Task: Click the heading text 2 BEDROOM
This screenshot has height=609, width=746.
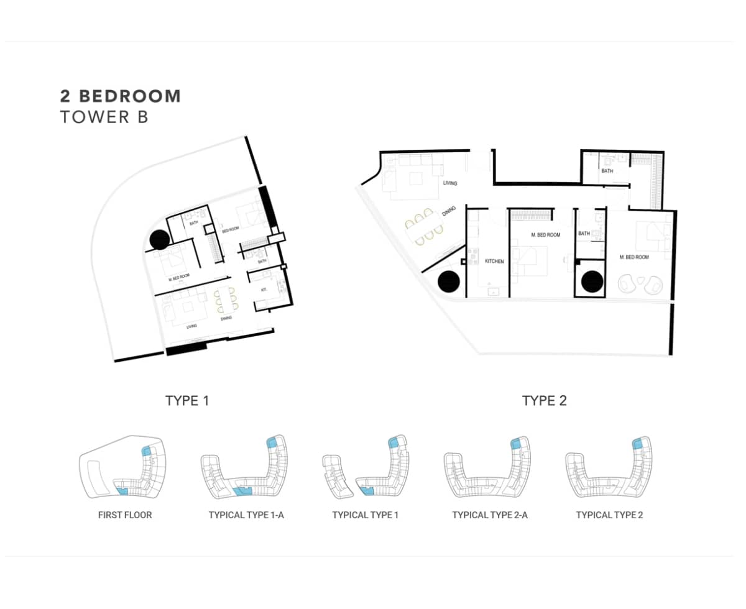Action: [x=121, y=96]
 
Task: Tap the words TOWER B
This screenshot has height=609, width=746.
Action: [x=104, y=117]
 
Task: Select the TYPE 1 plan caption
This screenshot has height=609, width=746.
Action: [x=187, y=400]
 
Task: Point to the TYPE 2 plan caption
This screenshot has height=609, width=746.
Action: [x=545, y=400]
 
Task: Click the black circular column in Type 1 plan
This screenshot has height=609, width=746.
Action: [x=159, y=239]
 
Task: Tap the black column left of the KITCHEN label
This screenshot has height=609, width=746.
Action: [x=448, y=282]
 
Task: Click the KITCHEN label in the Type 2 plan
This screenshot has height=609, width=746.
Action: [x=494, y=262]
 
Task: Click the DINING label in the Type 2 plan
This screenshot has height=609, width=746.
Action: [x=449, y=211]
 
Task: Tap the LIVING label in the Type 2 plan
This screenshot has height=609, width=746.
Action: [x=450, y=183]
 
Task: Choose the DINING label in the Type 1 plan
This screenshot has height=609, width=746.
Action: [x=226, y=319]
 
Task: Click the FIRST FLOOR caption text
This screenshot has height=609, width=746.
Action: [x=125, y=515]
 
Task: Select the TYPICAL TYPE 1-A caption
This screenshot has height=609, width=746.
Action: [x=246, y=515]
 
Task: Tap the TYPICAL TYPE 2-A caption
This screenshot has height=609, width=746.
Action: [x=490, y=515]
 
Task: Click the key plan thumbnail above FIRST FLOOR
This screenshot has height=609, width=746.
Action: [x=123, y=466]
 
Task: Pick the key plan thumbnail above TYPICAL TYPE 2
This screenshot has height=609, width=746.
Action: [x=609, y=466]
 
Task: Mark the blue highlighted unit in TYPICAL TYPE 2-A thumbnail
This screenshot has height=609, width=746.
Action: [x=516, y=443]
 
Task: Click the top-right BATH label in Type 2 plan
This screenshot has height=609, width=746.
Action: [x=607, y=170]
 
